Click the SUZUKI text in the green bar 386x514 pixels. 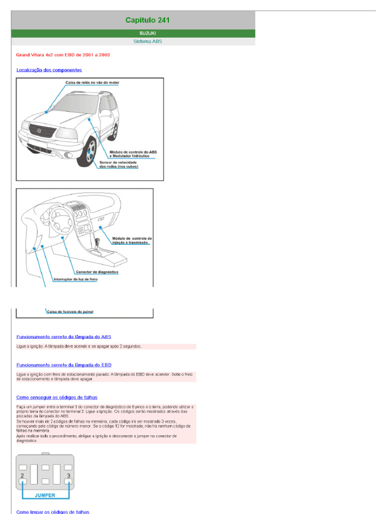[147, 33]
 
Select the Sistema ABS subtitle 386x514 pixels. [147, 42]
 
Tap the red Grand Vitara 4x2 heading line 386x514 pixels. [63, 54]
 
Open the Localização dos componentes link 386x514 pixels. [49, 70]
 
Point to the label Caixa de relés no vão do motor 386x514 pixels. [92, 82]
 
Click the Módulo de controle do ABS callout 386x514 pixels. [132, 154]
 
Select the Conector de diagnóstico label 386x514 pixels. [93, 272]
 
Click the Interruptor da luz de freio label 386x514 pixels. [76, 280]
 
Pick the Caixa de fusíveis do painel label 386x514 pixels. [70, 312]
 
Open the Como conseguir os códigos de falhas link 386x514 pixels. [57, 397]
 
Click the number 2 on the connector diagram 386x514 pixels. [23, 475]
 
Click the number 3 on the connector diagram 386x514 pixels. [68, 475]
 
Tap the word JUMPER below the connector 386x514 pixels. [45, 494]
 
